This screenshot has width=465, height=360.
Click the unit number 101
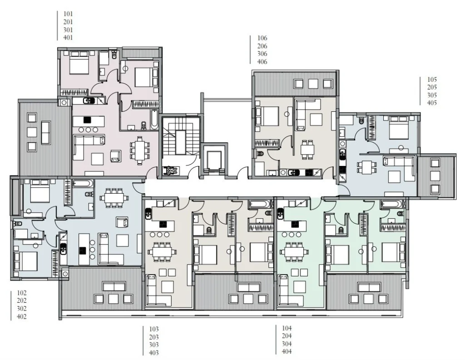68,14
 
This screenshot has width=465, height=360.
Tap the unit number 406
262,62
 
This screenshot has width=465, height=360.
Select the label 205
432,87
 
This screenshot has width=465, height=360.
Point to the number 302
22,309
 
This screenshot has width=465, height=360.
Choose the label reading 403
154,353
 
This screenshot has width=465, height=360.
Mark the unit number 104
287,328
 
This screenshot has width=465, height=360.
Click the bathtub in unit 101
154,120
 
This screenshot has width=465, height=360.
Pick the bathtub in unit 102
83,184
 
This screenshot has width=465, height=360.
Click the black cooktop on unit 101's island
87,120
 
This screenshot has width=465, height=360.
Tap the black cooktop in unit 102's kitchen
83,250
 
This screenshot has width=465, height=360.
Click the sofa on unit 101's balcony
46,133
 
